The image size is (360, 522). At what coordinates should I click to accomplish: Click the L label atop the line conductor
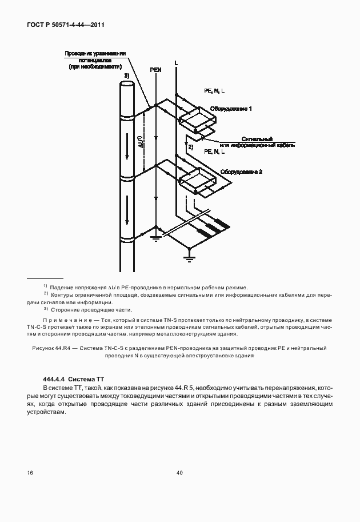[x=176, y=61]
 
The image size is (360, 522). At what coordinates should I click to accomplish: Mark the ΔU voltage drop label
[x=141, y=141]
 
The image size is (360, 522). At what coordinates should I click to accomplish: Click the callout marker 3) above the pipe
[x=127, y=75]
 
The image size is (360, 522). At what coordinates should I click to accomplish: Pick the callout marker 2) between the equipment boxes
[x=190, y=147]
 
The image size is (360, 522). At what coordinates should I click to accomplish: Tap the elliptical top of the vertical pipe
[x=127, y=83]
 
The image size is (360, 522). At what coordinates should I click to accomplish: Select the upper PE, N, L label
[x=214, y=91]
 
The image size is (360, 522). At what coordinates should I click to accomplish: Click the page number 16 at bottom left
[x=29, y=473]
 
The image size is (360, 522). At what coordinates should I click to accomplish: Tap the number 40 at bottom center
[x=179, y=473]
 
